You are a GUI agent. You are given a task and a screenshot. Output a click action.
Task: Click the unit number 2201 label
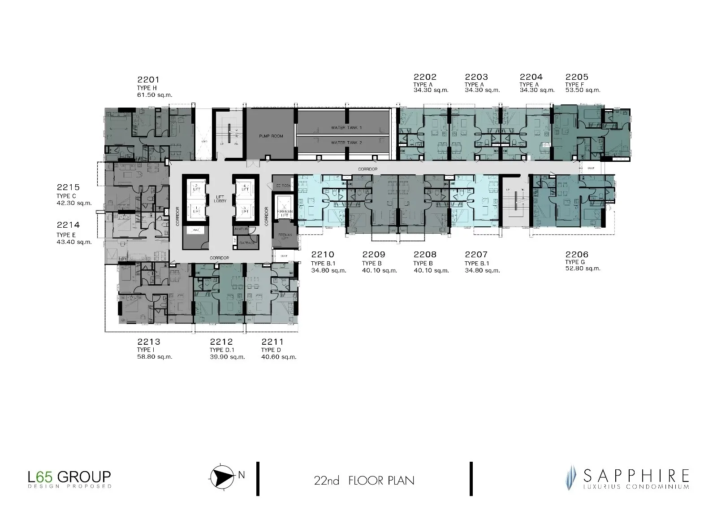[148, 80]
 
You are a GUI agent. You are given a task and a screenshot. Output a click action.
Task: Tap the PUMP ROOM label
[271, 136]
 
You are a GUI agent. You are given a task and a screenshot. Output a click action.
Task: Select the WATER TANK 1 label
[346, 128]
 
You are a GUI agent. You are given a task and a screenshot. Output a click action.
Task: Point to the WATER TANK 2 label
[346, 143]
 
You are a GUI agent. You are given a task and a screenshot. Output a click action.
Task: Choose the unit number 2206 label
[577, 255]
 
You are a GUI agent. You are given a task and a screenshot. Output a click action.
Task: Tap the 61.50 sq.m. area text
[154, 95]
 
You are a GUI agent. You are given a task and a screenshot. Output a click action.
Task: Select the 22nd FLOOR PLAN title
[364, 481]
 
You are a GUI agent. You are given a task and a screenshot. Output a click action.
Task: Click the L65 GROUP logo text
[69, 476]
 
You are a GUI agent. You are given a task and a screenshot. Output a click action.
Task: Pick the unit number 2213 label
[148, 342]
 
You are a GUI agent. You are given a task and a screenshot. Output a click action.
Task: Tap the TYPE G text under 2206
[575, 262]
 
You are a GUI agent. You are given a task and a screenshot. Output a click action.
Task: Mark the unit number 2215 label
[68, 188]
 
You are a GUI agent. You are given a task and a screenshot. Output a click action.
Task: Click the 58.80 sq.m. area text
[155, 357]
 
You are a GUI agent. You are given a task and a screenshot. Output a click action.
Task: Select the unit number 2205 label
[577, 77]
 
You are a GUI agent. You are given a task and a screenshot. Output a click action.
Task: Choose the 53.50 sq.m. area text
[582, 90]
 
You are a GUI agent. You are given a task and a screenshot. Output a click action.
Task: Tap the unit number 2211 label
[272, 342]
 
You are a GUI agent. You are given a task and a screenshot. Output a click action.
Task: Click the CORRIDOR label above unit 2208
[367, 169]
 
